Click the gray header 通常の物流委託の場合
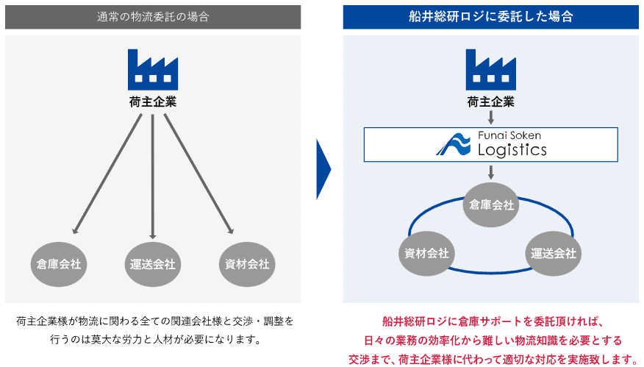coord(153,17)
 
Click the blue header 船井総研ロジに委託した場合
coord(491,17)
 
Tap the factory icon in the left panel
coord(153,69)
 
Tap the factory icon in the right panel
coord(491,69)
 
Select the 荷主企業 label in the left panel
coord(153,102)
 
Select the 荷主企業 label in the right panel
coord(491,102)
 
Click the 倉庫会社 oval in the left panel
coord(59,264)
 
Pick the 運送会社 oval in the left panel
coord(153,264)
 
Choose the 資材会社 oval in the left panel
coord(247,264)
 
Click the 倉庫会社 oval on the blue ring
coord(491,204)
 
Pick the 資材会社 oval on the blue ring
coord(426,254)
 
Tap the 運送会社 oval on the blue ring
coord(554,254)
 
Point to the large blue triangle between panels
coord(323,169)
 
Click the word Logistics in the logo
coord(512,149)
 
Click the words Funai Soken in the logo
coord(509,135)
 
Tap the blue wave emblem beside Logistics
coord(454,144)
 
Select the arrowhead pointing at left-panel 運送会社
coord(153,236)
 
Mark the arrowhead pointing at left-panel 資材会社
coord(230,230)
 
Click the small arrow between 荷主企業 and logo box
coord(491,118)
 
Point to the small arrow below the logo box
coord(491,172)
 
